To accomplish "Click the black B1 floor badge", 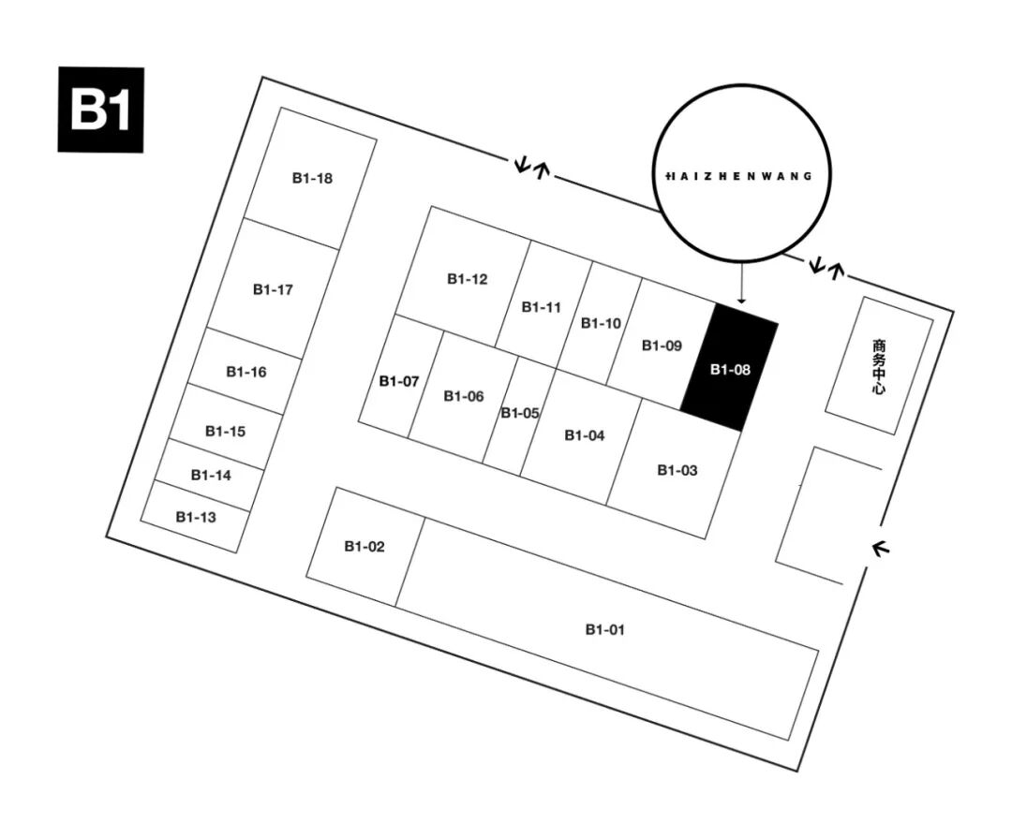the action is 101,110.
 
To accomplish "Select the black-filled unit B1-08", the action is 730,369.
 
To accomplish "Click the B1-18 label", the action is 312,178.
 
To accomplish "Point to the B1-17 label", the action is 273,289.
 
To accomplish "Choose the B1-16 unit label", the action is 246,372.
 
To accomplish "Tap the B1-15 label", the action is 225,432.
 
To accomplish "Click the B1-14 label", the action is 211,475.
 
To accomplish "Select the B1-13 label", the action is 195,516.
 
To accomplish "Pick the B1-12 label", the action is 467,278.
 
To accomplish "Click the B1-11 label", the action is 541,306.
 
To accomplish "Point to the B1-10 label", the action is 601,323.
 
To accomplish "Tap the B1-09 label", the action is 662,345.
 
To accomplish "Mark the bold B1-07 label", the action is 398,381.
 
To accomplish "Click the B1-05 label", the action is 519,413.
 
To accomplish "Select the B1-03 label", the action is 677,470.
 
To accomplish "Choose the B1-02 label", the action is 364,546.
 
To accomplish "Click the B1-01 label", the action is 604,629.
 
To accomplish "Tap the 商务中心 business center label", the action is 878,365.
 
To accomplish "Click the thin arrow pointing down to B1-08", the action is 741,283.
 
